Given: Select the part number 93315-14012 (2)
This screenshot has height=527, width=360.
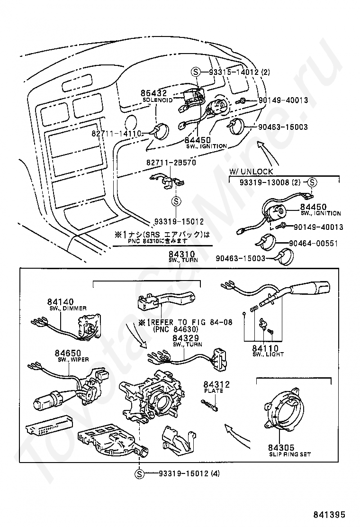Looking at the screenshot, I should click(x=239, y=72).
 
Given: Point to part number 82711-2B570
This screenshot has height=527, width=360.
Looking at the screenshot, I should click(x=164, y=163).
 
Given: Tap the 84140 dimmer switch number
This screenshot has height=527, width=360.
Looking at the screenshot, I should click(x=60, y=302).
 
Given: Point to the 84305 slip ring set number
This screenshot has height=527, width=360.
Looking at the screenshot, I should click(x=281, y=447).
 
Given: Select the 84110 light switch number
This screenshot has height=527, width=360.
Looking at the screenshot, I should click(x=265, y=348).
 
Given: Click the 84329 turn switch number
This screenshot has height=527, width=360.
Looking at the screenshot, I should click(x=185, y=338).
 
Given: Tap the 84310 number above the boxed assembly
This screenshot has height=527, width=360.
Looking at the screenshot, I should click(x=182, y=255).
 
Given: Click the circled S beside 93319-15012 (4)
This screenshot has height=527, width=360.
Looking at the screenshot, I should click(x=139, y=473).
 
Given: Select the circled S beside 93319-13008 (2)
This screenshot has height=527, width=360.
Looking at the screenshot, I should click(x=313, y=182).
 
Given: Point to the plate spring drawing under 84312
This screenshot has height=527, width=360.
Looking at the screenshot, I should click(x=210, y=404).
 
